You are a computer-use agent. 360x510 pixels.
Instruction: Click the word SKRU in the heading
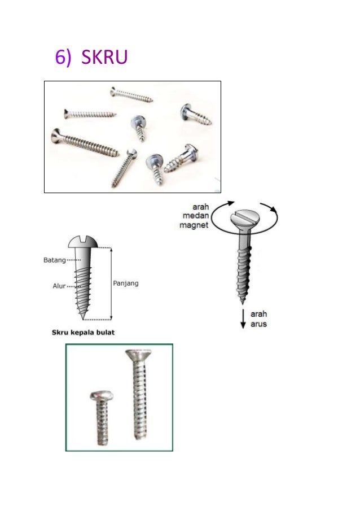tap(104, 57)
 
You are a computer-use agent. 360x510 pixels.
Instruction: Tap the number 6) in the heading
tap(63, 58)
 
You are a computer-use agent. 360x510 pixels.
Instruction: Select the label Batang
tap(55, 260)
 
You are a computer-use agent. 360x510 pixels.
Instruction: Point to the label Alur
tap(59, 286)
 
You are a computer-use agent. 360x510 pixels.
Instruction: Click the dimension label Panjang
tap(126, 284)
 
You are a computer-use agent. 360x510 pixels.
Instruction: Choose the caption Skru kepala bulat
tap(83, 333)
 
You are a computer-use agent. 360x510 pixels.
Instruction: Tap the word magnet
tap(194, 225)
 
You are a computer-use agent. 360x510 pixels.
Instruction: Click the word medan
tap(196, 215)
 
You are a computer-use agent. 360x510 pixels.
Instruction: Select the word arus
tap(258, 324)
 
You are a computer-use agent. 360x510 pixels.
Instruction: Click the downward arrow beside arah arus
tap(243, 319)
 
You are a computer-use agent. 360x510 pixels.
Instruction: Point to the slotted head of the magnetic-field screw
tap(245, 219)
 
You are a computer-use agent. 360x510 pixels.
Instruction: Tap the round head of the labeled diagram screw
tap(83, 242)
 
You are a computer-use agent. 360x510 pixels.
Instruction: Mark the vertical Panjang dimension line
tap(111, 284)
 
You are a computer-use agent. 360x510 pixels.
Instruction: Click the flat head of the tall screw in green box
tap(138, 355)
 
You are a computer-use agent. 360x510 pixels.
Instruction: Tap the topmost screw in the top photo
tap(131, 94)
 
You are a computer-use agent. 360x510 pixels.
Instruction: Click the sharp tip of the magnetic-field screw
tap(242, 303)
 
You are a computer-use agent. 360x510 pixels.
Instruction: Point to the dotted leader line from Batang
tap(74, 260)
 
